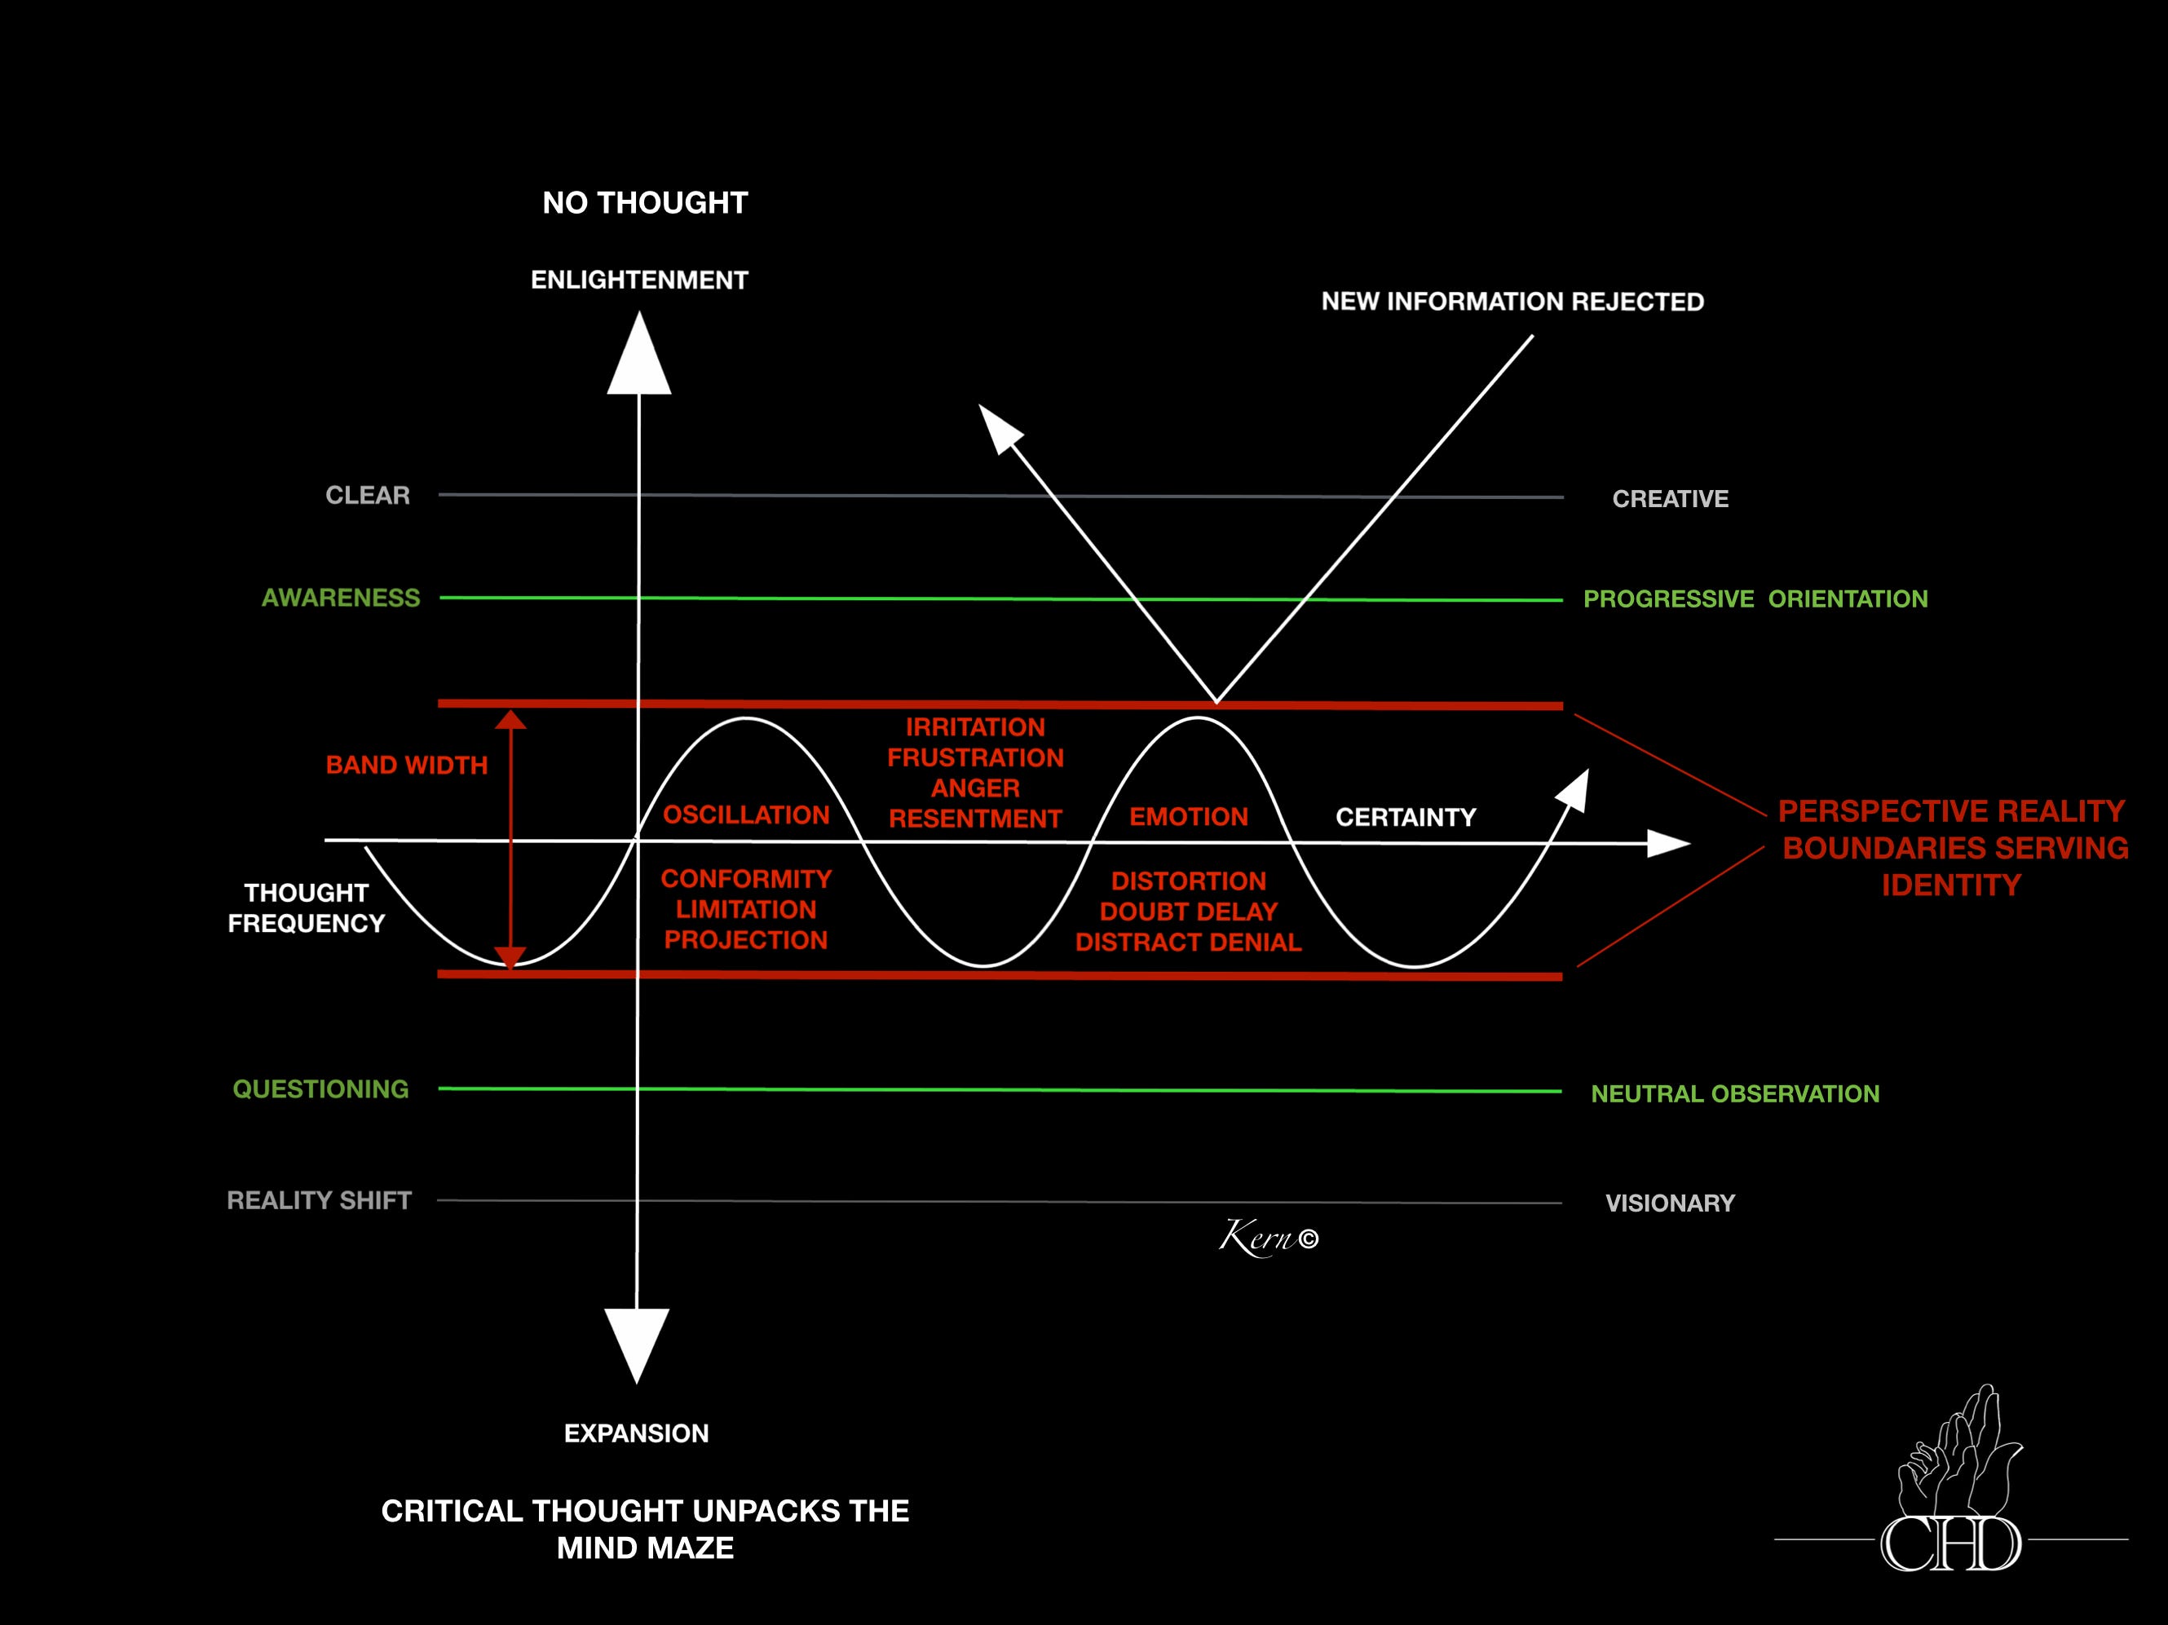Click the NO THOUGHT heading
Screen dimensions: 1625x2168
click(645, 203)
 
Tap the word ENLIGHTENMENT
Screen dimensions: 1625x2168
click(639, 280)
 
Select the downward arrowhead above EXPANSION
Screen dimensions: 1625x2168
click(637, 1343)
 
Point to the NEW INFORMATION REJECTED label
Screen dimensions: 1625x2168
click(1512, 302)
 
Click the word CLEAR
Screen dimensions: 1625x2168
click(368, 495)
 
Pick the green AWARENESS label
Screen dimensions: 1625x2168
click(340, 598)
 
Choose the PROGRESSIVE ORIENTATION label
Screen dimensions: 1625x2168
click(1755, 598)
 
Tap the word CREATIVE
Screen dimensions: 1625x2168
click(1670, 499)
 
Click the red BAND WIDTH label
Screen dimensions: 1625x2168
click(406, 766)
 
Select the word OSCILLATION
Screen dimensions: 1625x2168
click(746, 815)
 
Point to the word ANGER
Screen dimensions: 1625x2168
click(975, 788)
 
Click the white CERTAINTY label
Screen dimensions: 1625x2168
click(1406, 818)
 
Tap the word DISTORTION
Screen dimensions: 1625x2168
click(1189, 881)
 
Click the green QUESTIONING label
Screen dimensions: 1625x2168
click(320, 1088)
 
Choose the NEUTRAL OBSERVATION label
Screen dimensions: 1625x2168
click(1735, 1093)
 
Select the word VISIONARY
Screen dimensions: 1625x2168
click(1670, 1203)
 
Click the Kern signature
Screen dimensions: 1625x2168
click(1267, 1239)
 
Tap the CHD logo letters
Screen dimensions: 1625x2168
click(1950, 1544)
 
